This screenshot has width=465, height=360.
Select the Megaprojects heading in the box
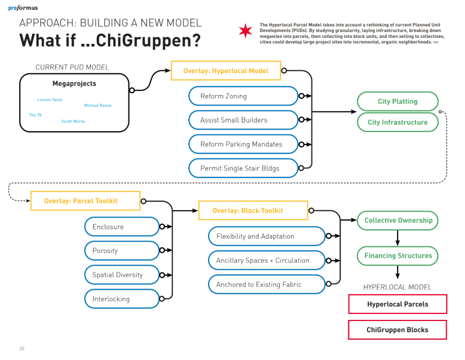[x=74, y=83]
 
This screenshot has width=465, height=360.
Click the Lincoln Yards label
[x=49, y=100]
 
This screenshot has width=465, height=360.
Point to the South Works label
[x=73, y=121]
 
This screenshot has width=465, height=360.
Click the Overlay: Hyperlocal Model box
[x=225, y=71]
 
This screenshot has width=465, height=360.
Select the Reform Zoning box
[x=243, y=96]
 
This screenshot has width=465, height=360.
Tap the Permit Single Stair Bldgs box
[x=243, y=168]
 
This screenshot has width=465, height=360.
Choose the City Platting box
[x=397, y=101]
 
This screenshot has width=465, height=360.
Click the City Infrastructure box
[x=397, y=122]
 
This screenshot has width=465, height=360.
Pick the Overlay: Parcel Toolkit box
[x=85, y=201]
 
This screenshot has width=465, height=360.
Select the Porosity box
[x=121, y=251]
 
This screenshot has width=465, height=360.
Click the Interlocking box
[x=121, y=299]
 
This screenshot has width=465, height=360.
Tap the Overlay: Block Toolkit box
[x=253, y=210]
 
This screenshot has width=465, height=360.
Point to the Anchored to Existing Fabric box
[x=266, y=285]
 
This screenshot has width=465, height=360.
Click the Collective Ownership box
[x=398, y=220]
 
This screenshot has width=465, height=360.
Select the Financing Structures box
[x=398, y=256]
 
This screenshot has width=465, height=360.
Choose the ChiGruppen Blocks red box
[x=397, y=330]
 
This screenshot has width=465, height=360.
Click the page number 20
[x=21, y=349]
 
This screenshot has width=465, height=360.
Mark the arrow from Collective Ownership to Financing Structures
[x=398, y=238]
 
